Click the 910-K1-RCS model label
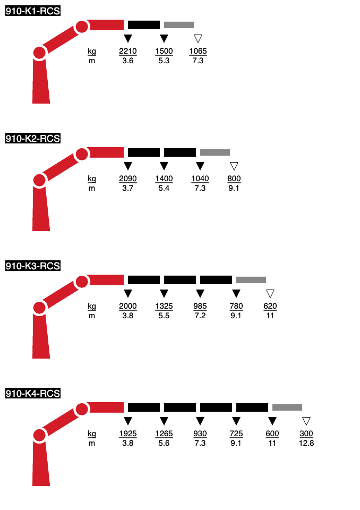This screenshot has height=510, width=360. (x=33, y=11)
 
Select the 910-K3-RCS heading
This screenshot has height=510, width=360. (x=33, y=266)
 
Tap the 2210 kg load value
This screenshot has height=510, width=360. (x=128, y=51)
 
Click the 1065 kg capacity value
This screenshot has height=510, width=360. (x=198, y=51)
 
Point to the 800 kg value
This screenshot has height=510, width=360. (x=234, y=178)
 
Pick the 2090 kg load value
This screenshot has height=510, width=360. (x=128, y=178)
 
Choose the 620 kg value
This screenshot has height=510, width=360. (x=270, y=306)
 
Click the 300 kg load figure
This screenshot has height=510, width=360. (x=306, y=433)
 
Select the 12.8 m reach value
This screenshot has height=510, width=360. (x=306, y=443)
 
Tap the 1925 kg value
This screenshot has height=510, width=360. (x=128, y=433)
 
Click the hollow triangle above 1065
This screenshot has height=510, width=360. (x=198, y=38)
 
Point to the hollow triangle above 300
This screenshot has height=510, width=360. (x=306, y=421)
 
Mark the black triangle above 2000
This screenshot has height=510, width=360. (x=128, y=293)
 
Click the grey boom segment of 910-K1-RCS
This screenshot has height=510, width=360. (x=179, y=25)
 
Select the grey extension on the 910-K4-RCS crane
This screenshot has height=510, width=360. (x=287, y=407)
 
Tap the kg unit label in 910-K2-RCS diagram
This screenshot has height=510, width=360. (x=92, y=179)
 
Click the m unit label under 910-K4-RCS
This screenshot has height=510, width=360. (x=92, y=443)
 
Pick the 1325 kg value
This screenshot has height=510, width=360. (x=164, y=306)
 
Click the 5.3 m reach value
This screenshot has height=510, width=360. (x=164, y=61)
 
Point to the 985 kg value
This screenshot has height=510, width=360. (x=200, y=306)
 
